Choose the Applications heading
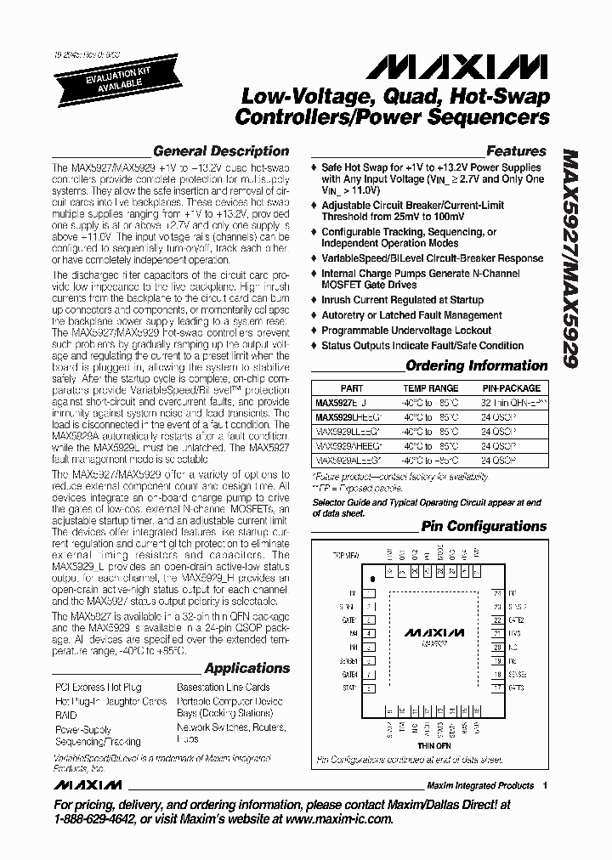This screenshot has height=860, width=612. click(x=246, y=668)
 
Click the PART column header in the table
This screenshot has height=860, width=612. click(x=351, y=388)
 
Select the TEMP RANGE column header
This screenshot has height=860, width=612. click(x=430, y=388)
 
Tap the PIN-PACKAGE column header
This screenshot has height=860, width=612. click(x=512, y=388)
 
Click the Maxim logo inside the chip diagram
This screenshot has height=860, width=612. click(x=433, y=633)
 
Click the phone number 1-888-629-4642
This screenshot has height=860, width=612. click(x=100, y=819)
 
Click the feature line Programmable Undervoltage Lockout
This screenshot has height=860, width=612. click(x=406, y=331)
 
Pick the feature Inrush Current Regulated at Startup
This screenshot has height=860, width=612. click(x=402, y=300)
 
